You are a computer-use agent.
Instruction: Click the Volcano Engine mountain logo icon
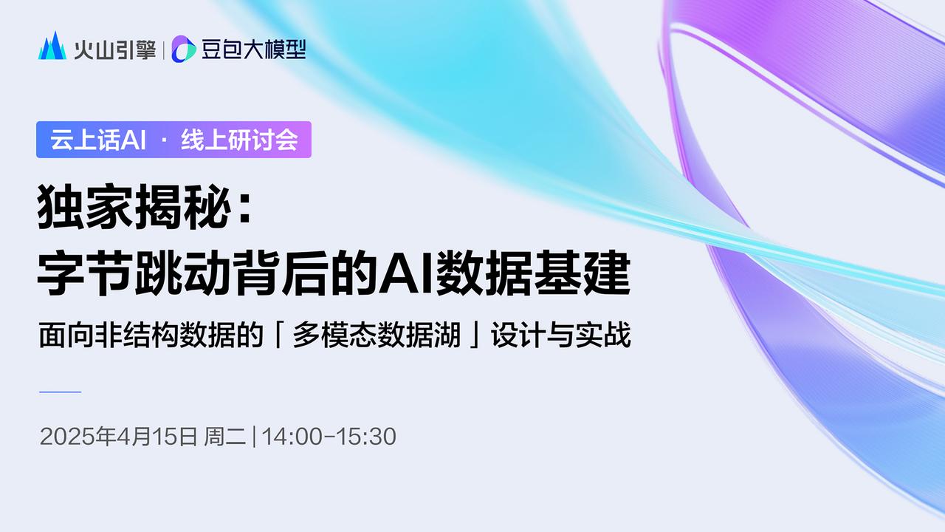pos(52,47)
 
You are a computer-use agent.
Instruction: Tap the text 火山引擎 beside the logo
pos(114,49)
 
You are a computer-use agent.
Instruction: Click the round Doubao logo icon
pos(183,49)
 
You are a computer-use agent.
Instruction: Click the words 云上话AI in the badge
pos(94,140)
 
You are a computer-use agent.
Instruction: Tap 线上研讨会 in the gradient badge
pos(239,140)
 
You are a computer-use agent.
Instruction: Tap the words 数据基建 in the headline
pos(532,274)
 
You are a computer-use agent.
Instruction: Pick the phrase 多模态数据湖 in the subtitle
pos(377,336)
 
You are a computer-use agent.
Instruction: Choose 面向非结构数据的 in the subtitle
pos(151,336)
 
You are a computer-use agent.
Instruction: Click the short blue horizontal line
pos(59,391)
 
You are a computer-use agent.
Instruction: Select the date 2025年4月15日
pos(118,437)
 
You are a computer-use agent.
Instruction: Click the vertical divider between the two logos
pos(163,49)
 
